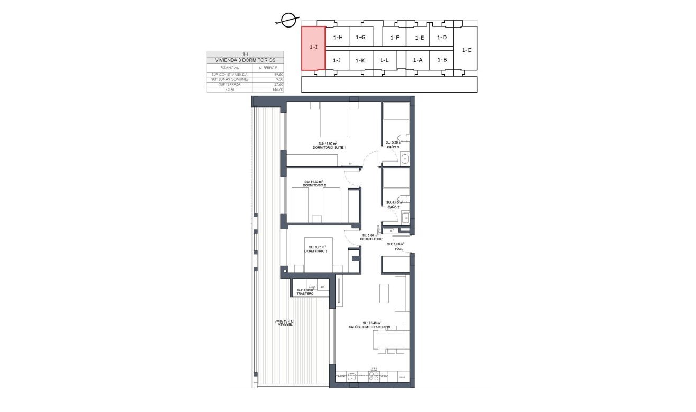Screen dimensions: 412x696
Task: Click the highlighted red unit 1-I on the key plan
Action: coord(313,48)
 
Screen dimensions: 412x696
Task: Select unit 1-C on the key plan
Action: coord(466,50)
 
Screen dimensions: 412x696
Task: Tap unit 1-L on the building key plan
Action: coord(385,60)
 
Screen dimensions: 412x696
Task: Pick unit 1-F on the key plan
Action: coord(394,38)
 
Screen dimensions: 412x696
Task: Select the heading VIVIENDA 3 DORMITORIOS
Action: coord(245,60)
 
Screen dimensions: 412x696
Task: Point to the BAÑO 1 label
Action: coord(393,147)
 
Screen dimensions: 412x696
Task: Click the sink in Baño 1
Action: coord(405,158)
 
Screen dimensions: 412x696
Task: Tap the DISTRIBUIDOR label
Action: coord(371,239)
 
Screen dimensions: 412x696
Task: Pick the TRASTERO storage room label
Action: coord(305,293)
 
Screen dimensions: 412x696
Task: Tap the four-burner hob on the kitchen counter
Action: coord(374,377)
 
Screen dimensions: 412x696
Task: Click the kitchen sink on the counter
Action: coord(352,377)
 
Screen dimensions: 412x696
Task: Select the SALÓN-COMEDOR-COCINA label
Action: coord(369,327)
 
